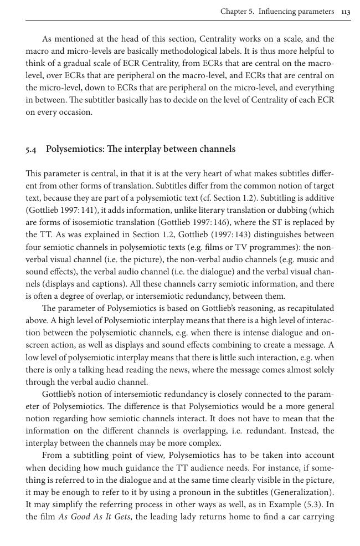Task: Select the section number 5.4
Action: click(x=32, y=150)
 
